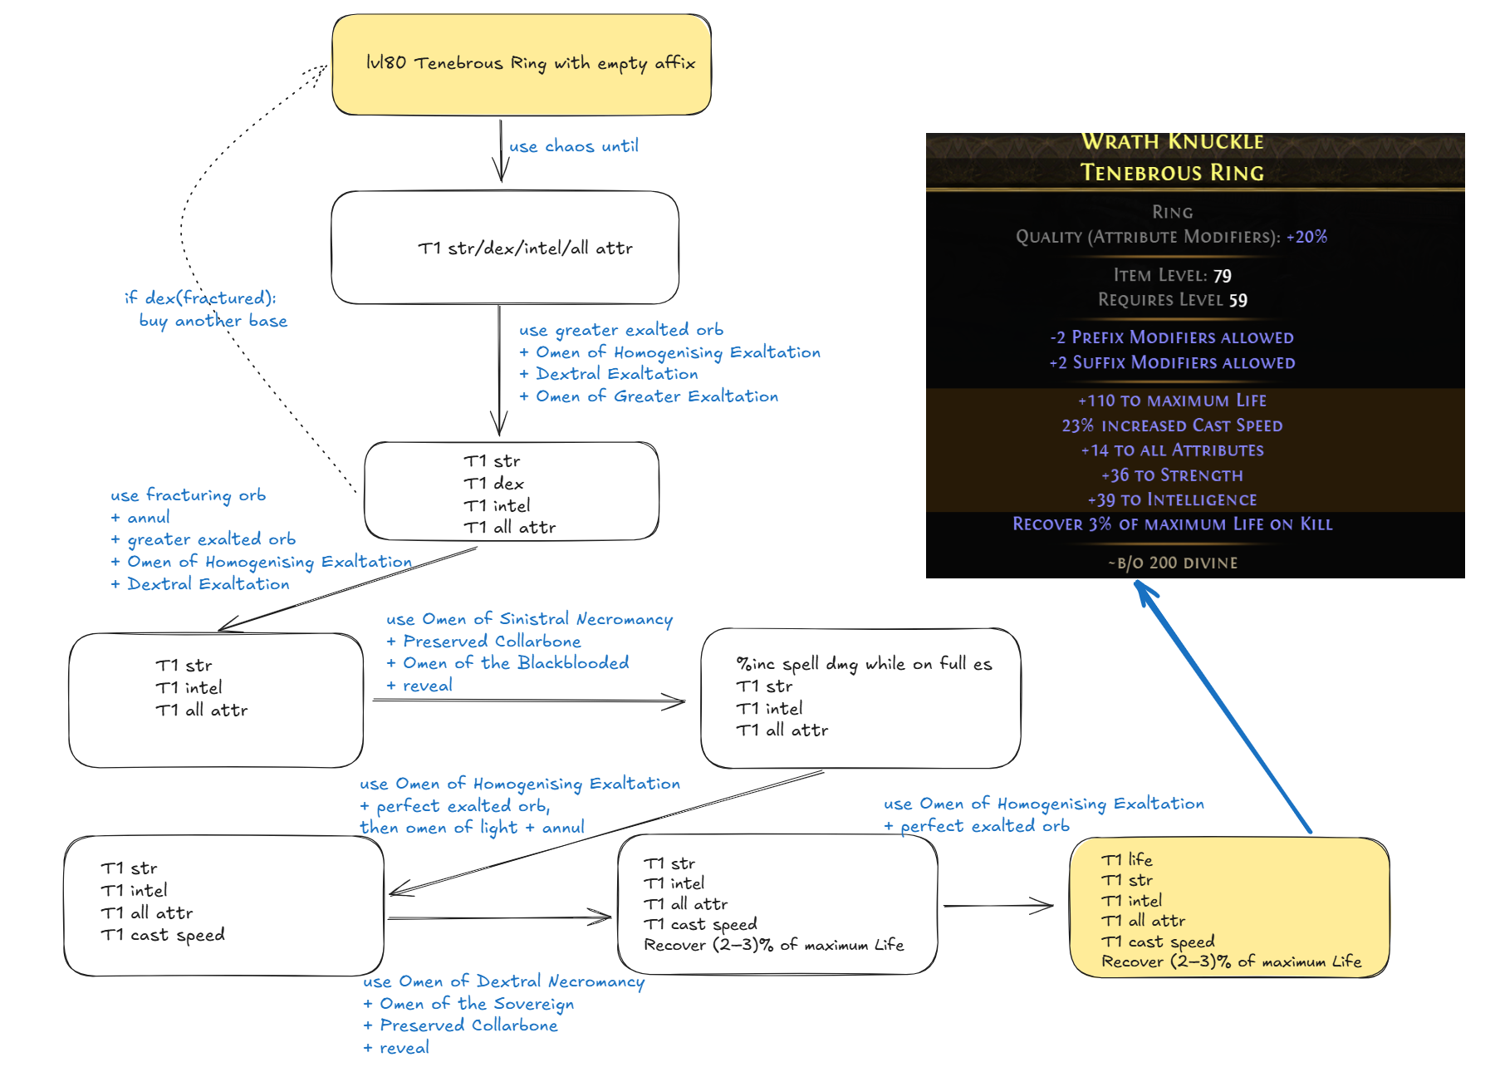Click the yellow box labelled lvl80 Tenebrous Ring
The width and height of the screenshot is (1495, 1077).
click(522, 65)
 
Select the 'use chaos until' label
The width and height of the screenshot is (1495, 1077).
click(573, 146)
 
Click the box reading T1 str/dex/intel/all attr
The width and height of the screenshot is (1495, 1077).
click(505, 248)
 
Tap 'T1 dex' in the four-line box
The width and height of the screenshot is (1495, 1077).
click(494, 484)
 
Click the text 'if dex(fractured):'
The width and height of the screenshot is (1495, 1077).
click(200, 298)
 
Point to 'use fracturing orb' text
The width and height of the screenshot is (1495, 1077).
click(189, 495)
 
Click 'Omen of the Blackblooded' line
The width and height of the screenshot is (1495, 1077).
click(515, 663)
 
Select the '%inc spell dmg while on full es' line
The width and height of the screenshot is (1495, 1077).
click(864, 664)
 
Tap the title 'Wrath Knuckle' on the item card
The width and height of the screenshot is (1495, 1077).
click(1172, 141)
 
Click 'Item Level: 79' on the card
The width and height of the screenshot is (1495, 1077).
click(1172, 275)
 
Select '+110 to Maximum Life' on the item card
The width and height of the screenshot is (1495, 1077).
click(1172, 401)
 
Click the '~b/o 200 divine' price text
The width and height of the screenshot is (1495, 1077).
click(1172, 563)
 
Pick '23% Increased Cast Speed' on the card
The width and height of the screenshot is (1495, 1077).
click(1172, 425)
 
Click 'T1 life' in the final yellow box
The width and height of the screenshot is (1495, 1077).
click(1126, 860)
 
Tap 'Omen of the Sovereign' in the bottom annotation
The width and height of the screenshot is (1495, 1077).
click(476, 1004)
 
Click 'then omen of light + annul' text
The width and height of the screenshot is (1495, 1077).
click(472, 828)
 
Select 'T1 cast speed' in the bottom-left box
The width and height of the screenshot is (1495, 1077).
click(163, 935)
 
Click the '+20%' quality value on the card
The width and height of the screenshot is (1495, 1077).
click(1306, 237)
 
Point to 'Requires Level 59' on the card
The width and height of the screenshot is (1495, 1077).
click(1172, 300)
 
